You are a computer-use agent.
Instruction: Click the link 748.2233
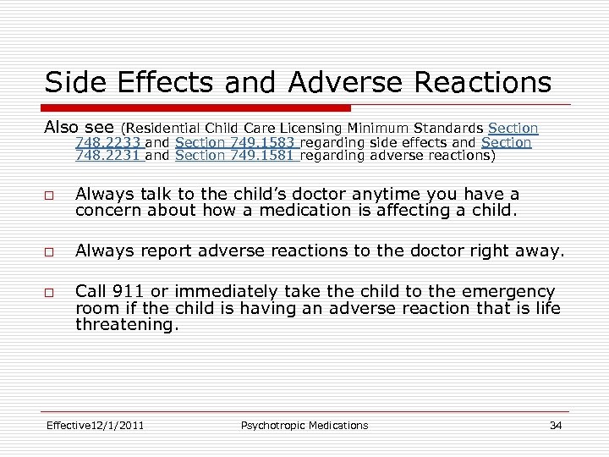[x=108, y=142]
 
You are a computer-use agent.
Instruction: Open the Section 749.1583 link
[x=235, y=142]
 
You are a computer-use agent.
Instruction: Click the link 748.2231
[x=108, y=155]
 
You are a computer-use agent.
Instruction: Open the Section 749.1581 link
[x=235, y=155]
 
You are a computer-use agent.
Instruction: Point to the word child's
[x=263, y=195]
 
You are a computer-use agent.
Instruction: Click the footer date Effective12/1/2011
[x=95, y=425]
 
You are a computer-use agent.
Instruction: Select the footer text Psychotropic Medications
[x=304, y=425]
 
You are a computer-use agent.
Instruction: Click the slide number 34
[x=555, y=425]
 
